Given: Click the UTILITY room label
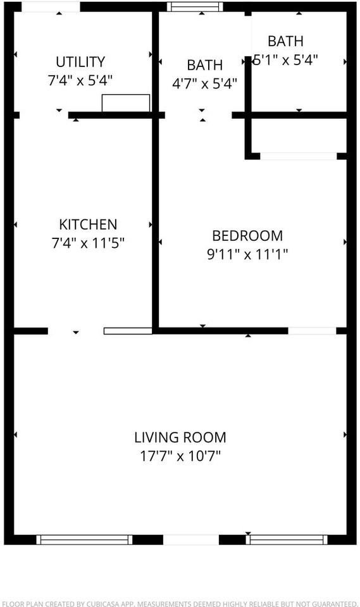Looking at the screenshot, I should pyautogui.click(x=80, y=62).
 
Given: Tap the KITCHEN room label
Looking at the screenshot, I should pyautogui.click(x=88, y=224).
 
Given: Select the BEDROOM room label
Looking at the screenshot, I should pyautogui.click(x=247, y=236).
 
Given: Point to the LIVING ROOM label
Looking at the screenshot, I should pyautogui.click(x=180, y=437).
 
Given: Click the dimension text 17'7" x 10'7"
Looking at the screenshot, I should pyautogui.click(x=180, y=455).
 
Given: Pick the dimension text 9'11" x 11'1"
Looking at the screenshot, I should pyautogui.click(x=247, y=254).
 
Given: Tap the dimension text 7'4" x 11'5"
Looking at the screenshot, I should pyautogui.click(x=88, y=243).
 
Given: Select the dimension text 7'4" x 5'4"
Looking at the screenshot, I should pyautogui.click(x=80, y=80).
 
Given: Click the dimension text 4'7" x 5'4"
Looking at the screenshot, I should pyautogui.click(x=204, y=83).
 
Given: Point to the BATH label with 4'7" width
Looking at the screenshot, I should pyautogui.click(x=204, y=65).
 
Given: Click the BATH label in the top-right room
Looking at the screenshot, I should pyautogui.click(x=285, y=41).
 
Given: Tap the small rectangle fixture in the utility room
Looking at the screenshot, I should pyautogui.click(x=126, y=103).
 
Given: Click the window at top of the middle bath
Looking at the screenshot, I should pyautogui.click(x=195, y=8).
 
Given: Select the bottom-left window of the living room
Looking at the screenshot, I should pyautogui.click(x=84, y=539).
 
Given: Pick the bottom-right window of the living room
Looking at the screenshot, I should pyautogui.click(x=287, y=539).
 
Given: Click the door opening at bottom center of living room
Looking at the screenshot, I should pyautogui.click(x=191, y=539).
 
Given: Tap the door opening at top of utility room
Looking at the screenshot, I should pyautogui.click(x=51, y=7).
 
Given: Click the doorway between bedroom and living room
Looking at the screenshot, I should pyautogui.click(x=312, y=331).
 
